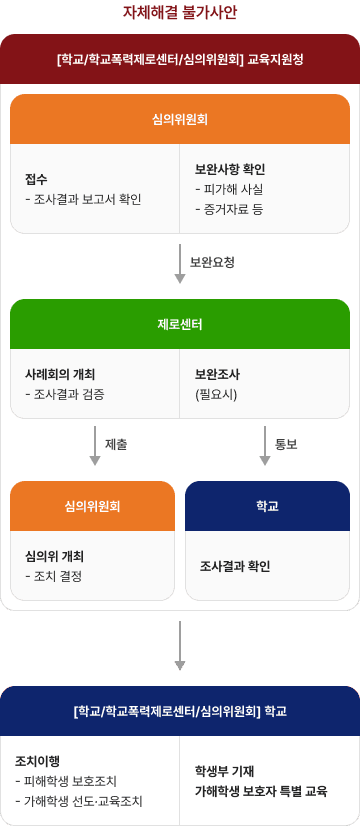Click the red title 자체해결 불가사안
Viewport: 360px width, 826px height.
coord(180,13)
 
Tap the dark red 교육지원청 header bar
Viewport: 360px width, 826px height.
coord(180,59)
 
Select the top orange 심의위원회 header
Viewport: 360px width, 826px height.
coord(180,119)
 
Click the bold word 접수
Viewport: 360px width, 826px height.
coord(37,179)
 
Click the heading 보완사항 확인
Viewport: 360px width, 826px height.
coord(230,169)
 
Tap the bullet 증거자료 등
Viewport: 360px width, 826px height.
coord(233,209)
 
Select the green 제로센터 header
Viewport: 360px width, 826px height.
coord(180,324)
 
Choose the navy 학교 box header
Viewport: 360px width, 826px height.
coord(267,506)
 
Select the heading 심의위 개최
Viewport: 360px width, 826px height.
coord(54,556)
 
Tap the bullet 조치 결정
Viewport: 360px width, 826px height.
coord(54,576)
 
